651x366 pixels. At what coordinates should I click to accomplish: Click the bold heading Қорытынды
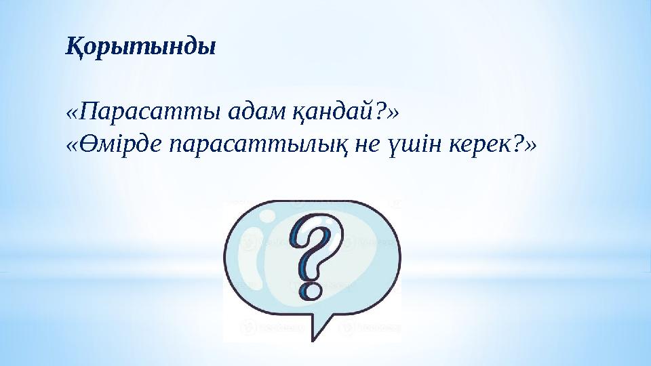click(140, 47)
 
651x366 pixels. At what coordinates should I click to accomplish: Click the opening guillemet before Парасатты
click(72, 110)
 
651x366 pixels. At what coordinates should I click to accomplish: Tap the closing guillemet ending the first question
click(393, 110)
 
